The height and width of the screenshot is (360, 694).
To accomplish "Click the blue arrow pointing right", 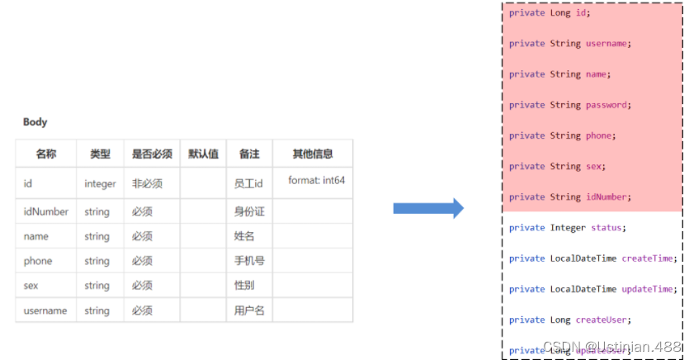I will coord(428,208).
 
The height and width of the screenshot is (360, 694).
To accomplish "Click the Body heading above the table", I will coord(35,122).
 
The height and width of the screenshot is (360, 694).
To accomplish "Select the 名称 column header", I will coord(46,154).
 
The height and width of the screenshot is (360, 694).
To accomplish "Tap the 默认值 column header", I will coord(203,154).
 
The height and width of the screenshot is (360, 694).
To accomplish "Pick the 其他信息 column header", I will coord(313,154).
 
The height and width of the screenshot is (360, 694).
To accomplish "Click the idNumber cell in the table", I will coord(46,212).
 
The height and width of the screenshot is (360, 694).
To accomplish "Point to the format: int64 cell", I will coord(317,180).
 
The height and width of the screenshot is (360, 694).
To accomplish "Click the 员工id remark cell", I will coord(248,183).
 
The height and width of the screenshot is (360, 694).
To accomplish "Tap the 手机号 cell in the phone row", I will coord(248,261).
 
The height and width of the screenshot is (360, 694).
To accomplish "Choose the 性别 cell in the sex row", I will coord(245,286).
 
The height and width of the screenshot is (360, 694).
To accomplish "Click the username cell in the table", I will coord(46,310).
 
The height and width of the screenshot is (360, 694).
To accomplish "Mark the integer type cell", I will coord(100,183).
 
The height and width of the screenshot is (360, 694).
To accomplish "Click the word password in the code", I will coord(607,105).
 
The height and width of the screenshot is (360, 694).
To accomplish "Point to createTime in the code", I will coord(648,258).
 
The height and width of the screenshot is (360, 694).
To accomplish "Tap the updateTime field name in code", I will coord(648,289).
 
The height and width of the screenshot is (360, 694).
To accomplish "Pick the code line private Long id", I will coord(550,12).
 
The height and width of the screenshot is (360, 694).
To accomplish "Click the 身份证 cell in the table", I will coord(249,212).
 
